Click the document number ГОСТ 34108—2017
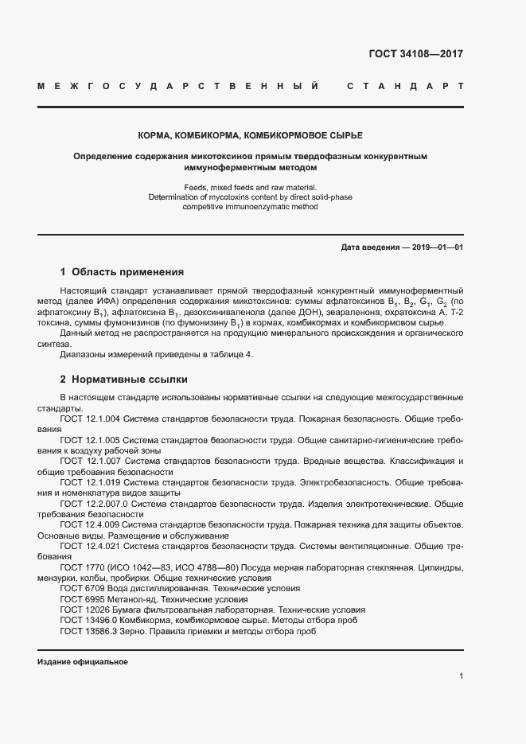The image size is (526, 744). coord(415,55)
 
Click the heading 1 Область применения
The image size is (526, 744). coord(122,271)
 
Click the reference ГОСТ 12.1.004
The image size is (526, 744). coord(89,419)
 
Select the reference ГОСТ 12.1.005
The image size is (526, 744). coord(89,439)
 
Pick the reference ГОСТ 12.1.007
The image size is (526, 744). coord(89,461)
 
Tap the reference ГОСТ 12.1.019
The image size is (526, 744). coord(89,482)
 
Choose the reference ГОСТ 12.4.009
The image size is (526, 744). coord(89,525)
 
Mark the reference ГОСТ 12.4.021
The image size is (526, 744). coord(89,547)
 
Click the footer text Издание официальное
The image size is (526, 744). coord(83,662)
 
